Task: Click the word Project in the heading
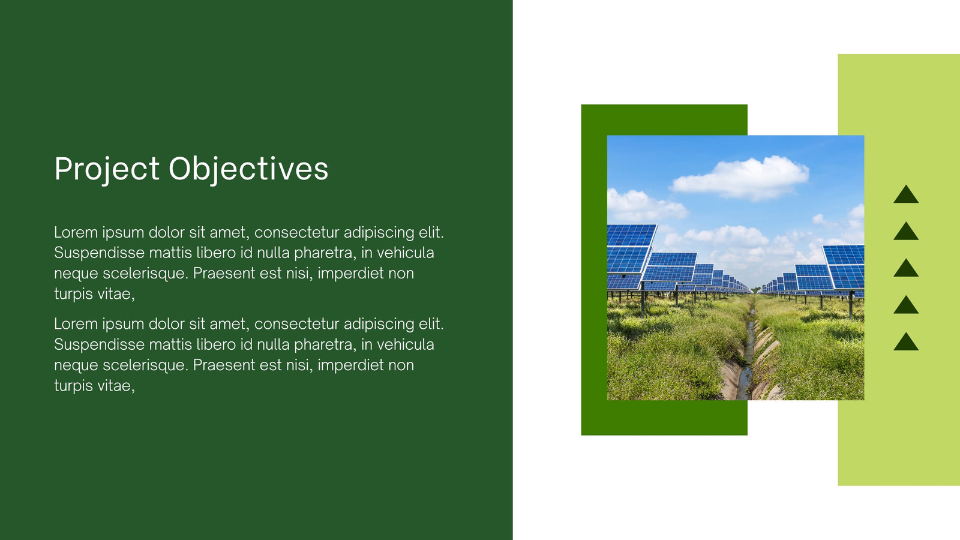tap(107, 169)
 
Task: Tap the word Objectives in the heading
tap(248, 169)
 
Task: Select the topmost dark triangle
tap(906, 194)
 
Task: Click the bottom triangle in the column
tap(906, 341)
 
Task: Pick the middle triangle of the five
tap(906, 268)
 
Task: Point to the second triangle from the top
tap(906, 231)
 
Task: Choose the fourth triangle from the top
tap(906, 305)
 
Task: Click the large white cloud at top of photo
tap(740, 178)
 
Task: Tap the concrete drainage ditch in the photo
tap(751, 356)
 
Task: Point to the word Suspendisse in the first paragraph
tap(99, 253)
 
